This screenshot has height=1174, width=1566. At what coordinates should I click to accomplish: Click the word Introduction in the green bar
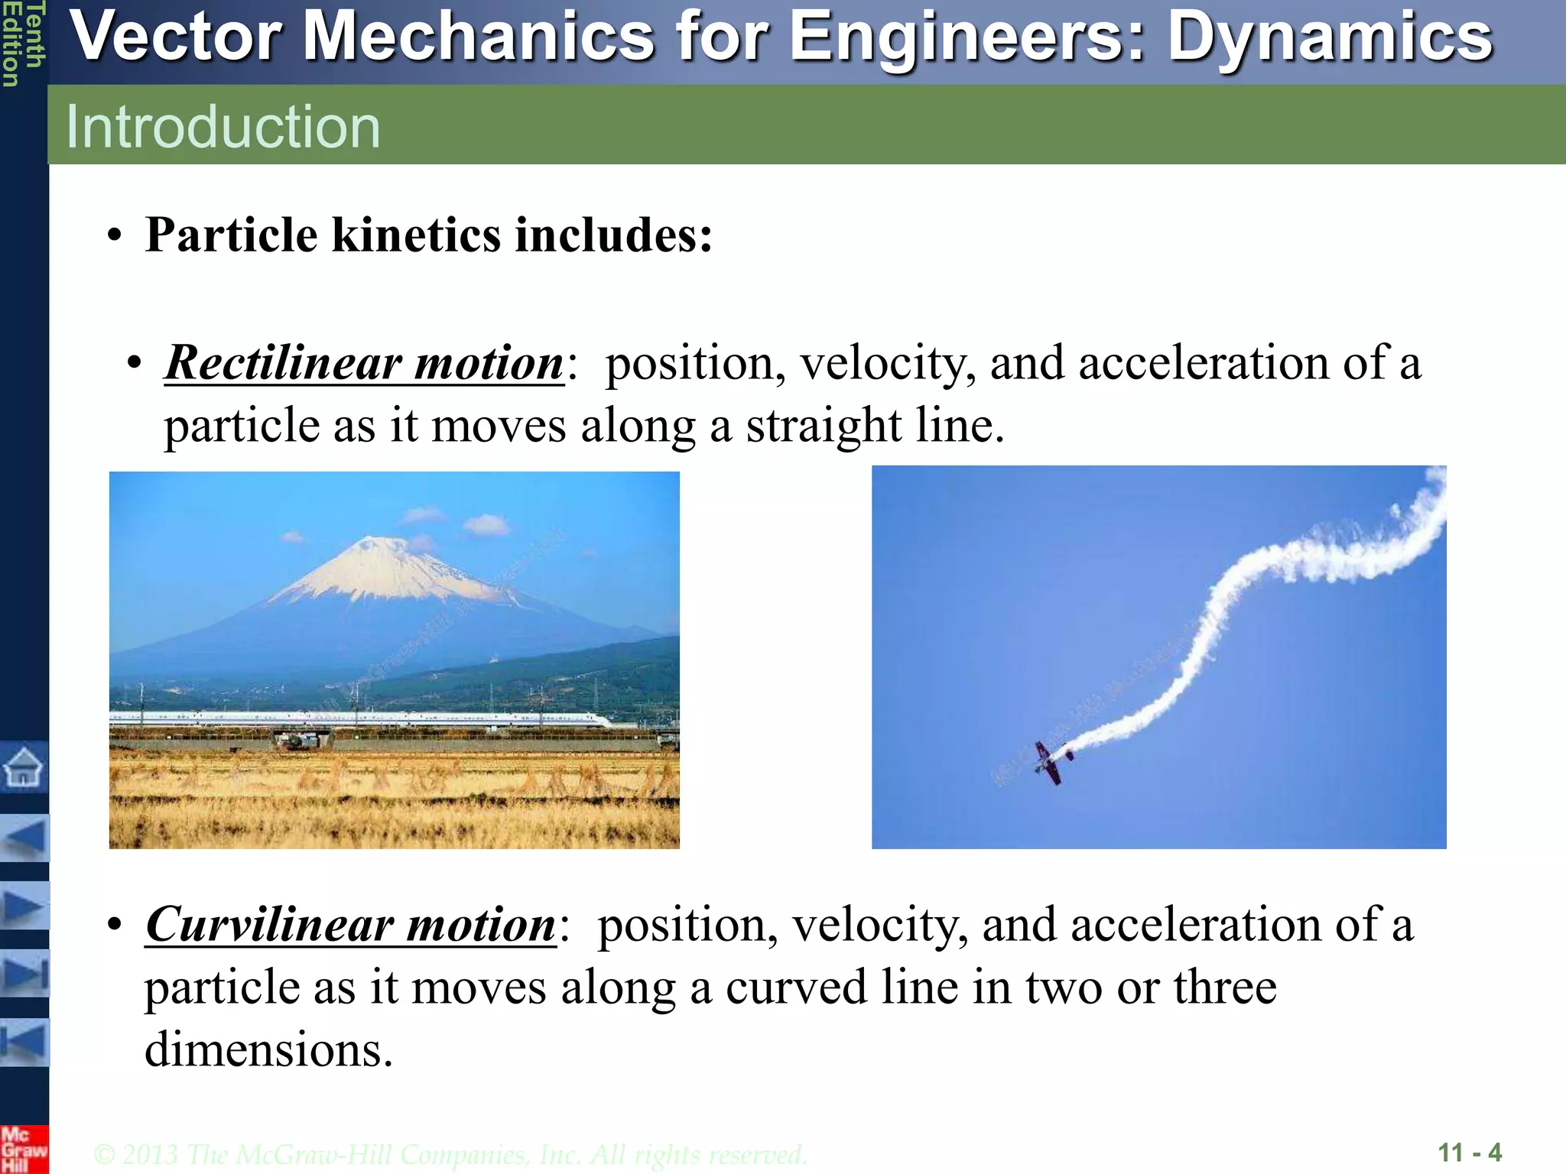tap(223, 126)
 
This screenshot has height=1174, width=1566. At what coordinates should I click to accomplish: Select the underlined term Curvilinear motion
tap(350, 924)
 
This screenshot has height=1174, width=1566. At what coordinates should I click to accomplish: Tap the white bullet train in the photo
tap(359, 718)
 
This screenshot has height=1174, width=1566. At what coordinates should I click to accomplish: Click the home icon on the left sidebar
tap(23, 767)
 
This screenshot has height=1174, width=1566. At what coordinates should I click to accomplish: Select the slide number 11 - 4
tap(1469, 1152)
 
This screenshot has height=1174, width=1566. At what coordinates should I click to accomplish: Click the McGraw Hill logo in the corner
tap(23, 1149)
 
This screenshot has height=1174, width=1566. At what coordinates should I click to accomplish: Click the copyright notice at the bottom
tap(450, 1154)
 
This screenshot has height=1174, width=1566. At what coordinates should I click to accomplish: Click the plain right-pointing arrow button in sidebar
tap(24, 906)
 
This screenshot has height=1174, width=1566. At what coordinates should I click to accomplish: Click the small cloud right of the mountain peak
tap(486, 524)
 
